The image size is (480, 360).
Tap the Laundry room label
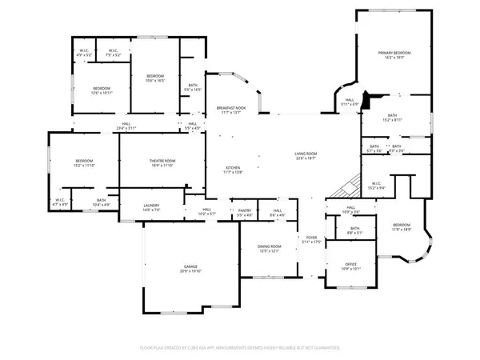(x=152, y=208)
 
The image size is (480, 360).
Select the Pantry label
(x=245, y=213)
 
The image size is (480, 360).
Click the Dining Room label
(x=269, y=249)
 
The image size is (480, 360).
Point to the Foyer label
(x=310, y=240)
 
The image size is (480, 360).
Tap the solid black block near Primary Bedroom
(x=366, y=101)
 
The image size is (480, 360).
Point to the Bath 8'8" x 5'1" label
(x=354, y=230)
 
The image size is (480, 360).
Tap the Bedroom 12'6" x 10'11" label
(x=101, y=91)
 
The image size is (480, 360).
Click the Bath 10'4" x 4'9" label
(x=101, y=203)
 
